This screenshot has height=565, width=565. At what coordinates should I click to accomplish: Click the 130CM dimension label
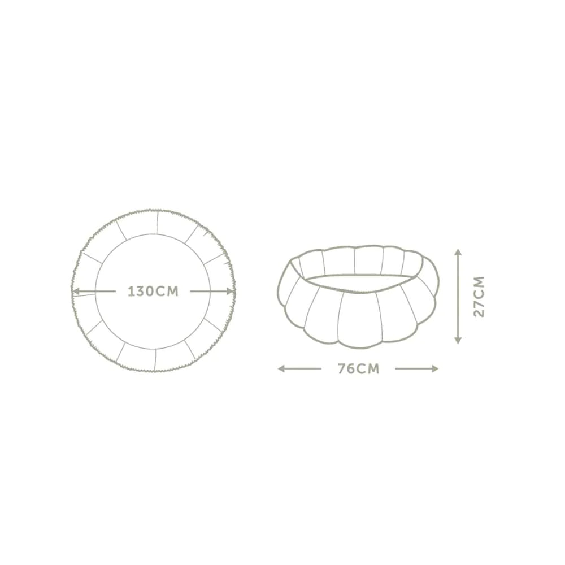pyautogui.click(x=153, y=292)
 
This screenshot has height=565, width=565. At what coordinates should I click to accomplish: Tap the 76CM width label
pyautogui.click(x=359, y=368)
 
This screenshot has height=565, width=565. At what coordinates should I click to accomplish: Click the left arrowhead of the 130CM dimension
pyautogui.click(x=75, y=291)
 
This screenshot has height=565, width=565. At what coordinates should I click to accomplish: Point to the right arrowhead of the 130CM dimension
pyautogui.click(x=231, y=291)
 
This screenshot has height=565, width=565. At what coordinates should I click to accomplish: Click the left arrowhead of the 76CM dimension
pyautogui.click(x=281, y=368)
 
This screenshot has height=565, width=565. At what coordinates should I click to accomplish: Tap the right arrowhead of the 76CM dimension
pyautogui.click(x=435, y=368)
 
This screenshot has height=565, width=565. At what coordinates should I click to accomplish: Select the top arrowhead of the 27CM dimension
pyautogui.click(x=458, y=252)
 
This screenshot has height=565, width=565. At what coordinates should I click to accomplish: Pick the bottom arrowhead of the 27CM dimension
pyautogui.click(x=458, y=340)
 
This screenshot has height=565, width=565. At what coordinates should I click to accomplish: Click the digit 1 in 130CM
pyautogui.click(x=131, y=292)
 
